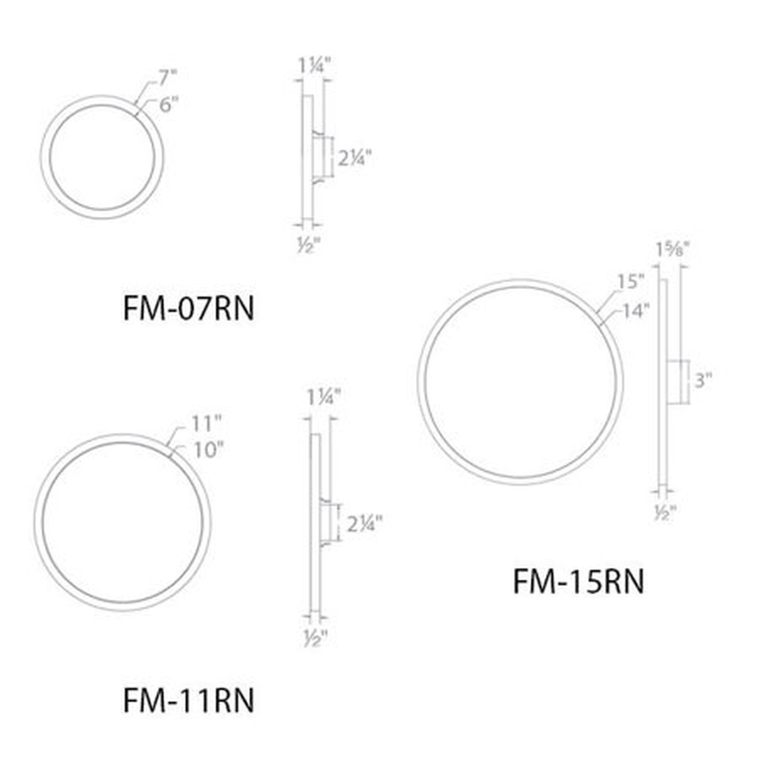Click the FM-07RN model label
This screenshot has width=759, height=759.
point(188,309)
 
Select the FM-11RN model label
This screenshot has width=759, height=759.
point(188,700)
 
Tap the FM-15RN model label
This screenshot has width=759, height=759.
point(579,593)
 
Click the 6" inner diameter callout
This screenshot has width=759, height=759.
point(169,104)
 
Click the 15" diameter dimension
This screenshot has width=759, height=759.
point(630,282)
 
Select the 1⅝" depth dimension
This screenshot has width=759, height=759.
point(672,250)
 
